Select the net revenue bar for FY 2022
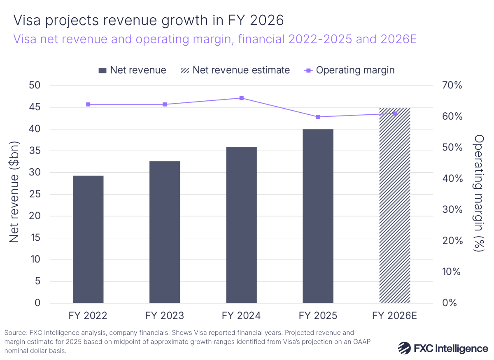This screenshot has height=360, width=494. pyautogui.click(x=88, y=239)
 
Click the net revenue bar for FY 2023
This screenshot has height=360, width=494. pyautogui.click(x=165, y=232)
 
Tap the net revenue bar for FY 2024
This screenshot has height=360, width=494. pyautogui.click(x=241, y=225)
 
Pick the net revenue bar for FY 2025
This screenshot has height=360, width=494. pyautogui.click(x=318, y=216)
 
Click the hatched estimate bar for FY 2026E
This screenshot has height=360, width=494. pyautogui.click(x=394, y=206)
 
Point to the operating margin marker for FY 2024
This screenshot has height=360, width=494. pyautogui.click(x=241, y=98)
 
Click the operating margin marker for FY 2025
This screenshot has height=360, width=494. pyautogui.click(x=318, y=117)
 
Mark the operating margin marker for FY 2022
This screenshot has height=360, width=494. pyautogui.click(x=88, y=105)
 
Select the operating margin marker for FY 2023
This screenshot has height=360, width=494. pyautogui.click(x=165, y=105)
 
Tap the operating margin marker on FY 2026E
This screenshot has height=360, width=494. pyautogui.click(x=394, y=114)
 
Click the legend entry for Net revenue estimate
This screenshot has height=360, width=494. pyautogui.click(x=235, y=70)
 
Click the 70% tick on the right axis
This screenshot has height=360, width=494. pyautogui.click(x=452, y=86)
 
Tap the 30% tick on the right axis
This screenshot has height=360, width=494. pyautogui.click(x=452, y=210)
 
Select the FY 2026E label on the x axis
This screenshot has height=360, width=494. pyautogui.click(x=394, y=316)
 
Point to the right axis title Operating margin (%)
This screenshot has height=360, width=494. pyautogui.click(x=478, y=193)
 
